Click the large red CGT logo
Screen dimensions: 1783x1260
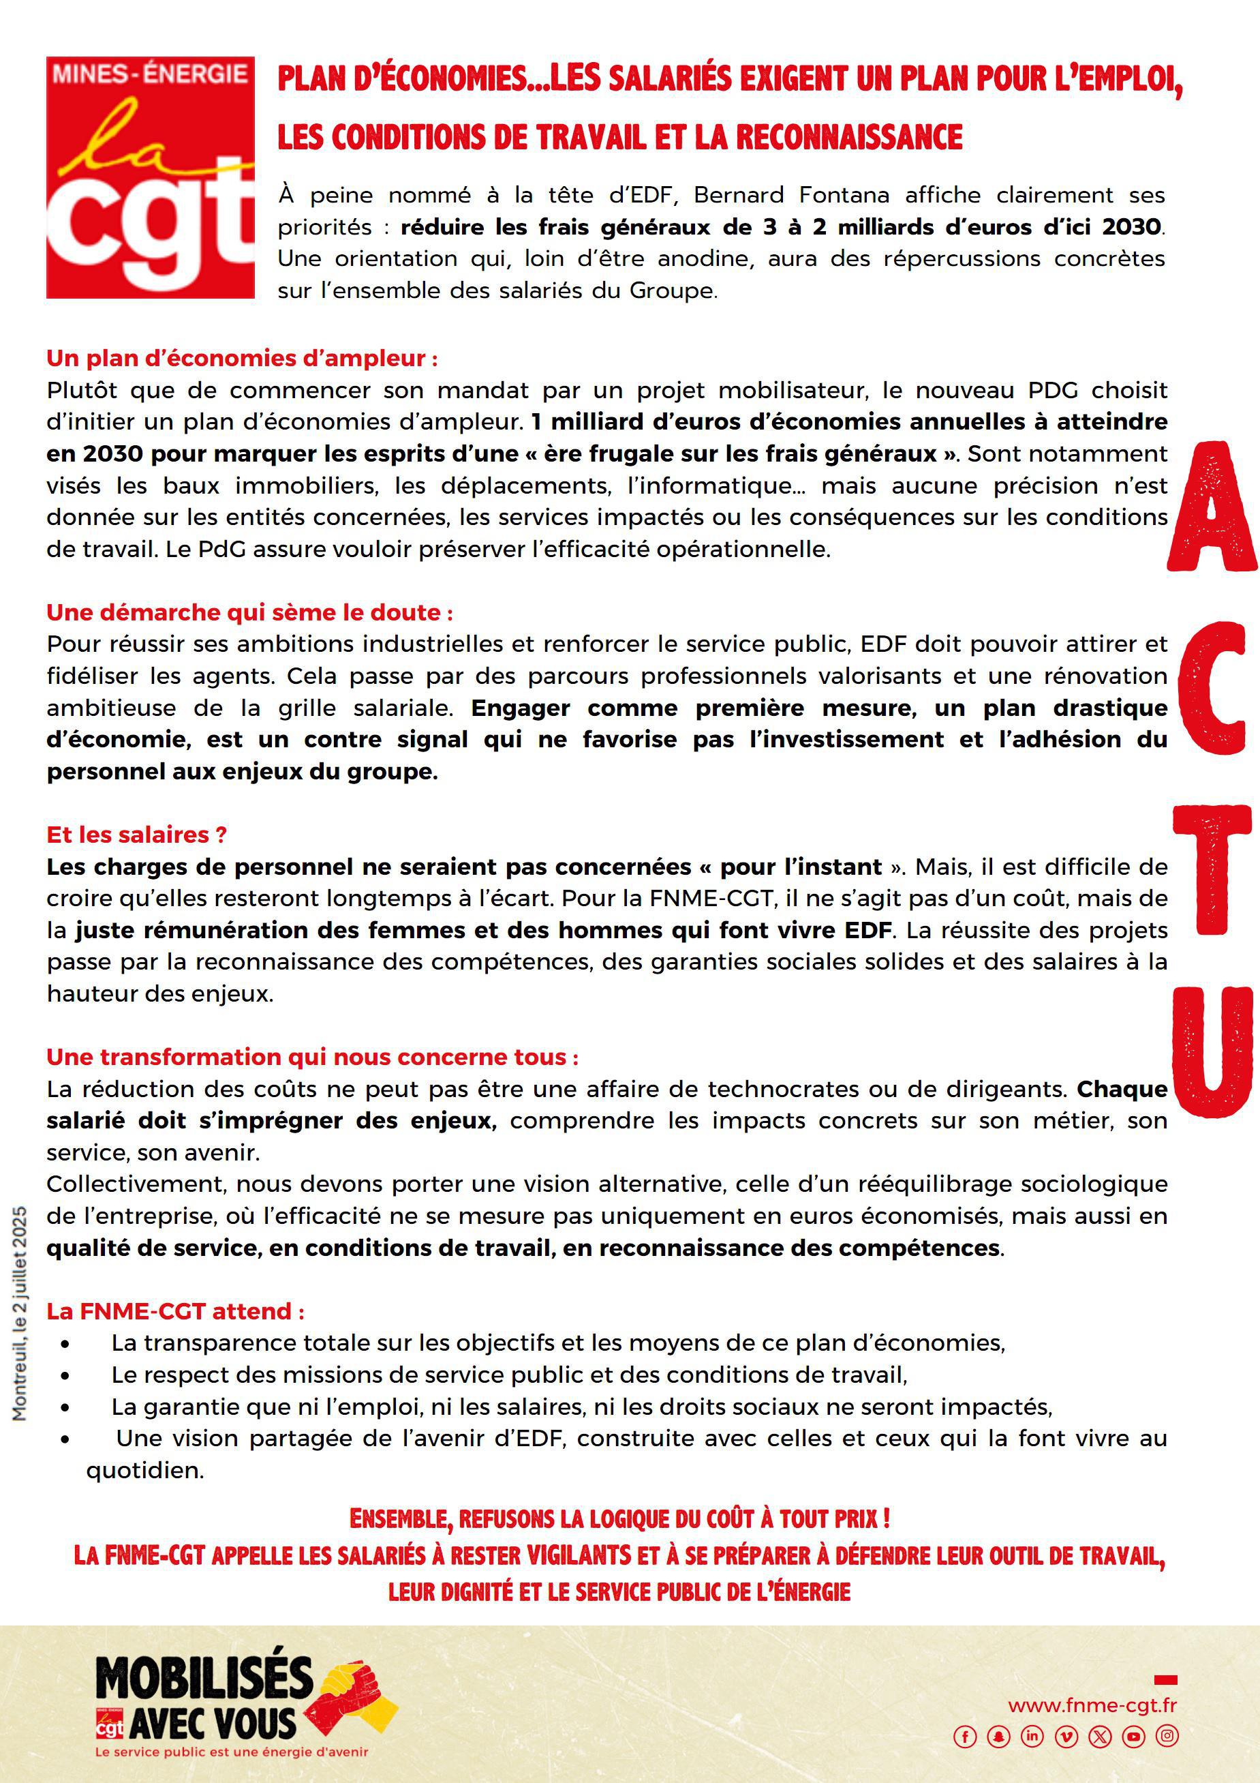[151, 177]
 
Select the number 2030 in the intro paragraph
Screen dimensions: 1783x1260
[1131, 227]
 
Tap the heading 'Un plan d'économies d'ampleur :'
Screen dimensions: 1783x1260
[241, 358]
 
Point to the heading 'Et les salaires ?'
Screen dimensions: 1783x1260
[137, 834]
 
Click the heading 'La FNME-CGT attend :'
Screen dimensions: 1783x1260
[175, 1311]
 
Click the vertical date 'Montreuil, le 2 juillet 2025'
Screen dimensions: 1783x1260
[20, 1313]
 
